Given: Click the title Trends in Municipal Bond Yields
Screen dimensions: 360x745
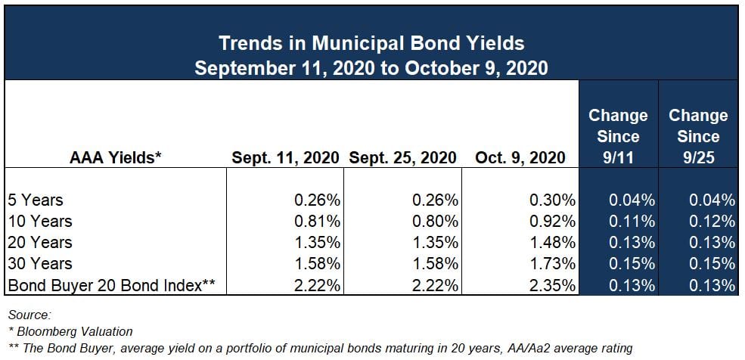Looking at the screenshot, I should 371,42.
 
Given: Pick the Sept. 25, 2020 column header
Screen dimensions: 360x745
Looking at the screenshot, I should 402,157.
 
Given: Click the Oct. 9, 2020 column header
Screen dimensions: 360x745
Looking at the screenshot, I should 520,157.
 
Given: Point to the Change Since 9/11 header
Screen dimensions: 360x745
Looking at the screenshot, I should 618,136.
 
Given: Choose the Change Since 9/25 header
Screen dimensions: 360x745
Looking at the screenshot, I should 698,136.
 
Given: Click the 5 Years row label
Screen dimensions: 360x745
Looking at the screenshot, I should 36,200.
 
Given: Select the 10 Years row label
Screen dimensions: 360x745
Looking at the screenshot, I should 39,222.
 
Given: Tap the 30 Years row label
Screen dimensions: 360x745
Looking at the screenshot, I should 39,264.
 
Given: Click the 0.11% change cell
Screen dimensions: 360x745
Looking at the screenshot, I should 632,222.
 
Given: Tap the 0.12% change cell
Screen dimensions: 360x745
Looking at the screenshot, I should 712,222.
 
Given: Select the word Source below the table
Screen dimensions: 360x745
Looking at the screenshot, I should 28,313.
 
